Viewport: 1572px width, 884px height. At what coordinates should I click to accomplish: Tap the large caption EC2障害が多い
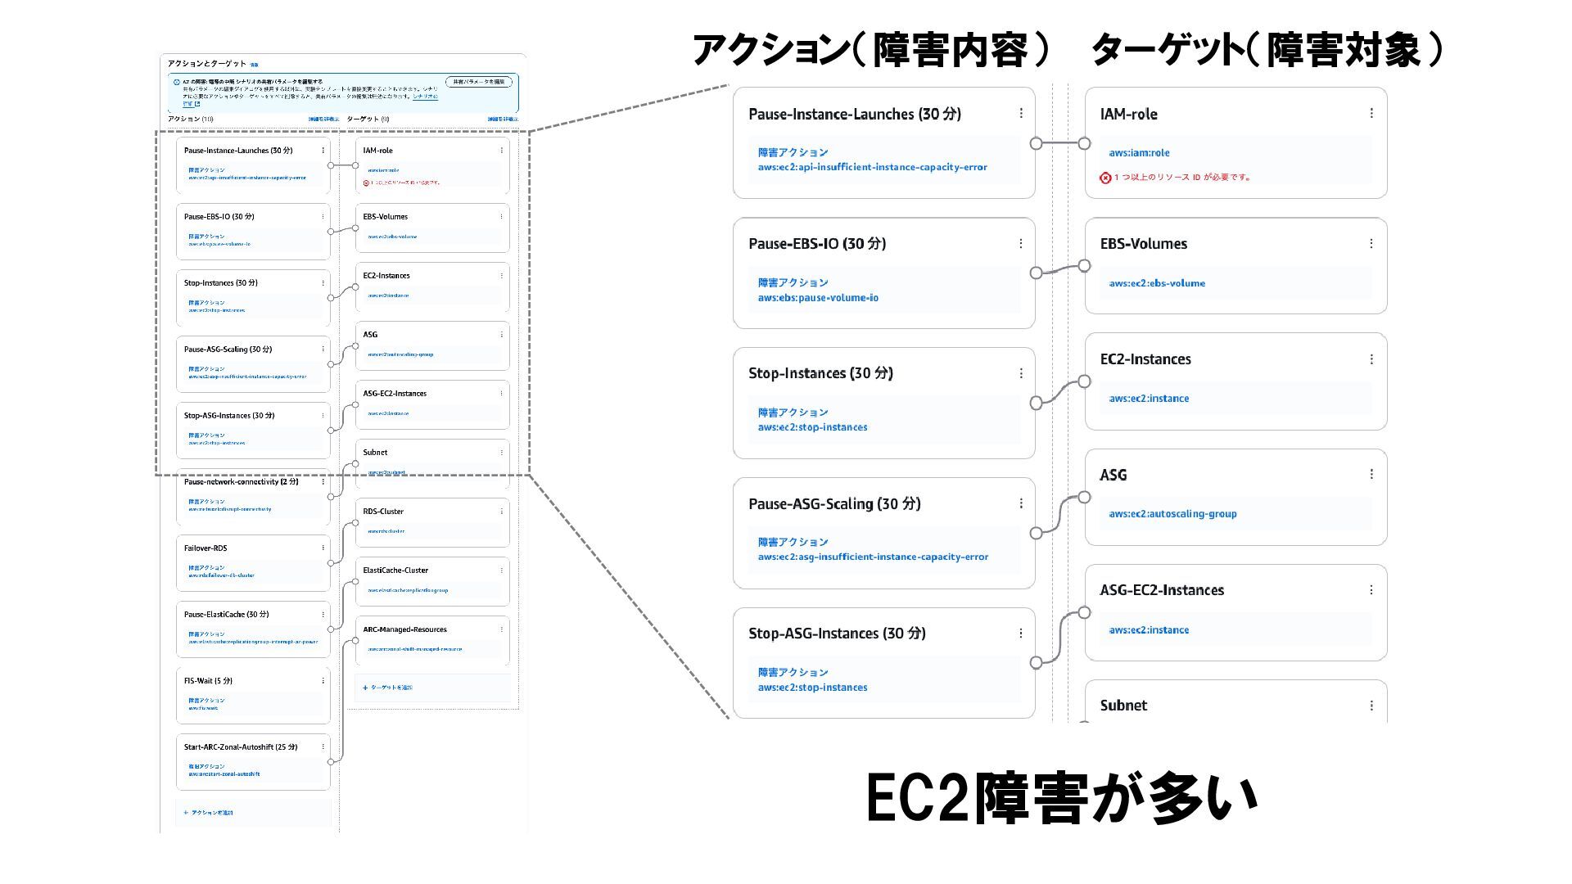[x=1061, y=798]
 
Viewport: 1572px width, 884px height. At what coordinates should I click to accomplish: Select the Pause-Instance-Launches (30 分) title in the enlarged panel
[x=854, y=115]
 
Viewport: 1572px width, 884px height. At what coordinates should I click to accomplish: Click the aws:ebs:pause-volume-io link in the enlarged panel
[x=817, y=298]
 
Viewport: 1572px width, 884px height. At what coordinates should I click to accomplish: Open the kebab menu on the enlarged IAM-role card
[x=1371, y=114]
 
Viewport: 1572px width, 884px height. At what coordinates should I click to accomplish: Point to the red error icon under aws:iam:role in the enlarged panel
[x=1105, y=178]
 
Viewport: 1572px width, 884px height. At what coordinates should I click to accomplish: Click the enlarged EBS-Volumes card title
[x=1143, y=244]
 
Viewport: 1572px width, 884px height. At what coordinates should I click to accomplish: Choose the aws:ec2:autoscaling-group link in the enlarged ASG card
[x=1172, y=514]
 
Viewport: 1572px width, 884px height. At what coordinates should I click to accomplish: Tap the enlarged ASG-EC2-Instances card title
[x=1162, y=590]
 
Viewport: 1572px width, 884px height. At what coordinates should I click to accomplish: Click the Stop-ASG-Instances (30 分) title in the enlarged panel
[x=837, y=634]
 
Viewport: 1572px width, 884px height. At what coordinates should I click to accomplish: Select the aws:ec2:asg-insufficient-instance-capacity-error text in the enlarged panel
[x=873, y=557]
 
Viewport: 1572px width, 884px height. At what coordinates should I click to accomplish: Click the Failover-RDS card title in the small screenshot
[x=206, y=548]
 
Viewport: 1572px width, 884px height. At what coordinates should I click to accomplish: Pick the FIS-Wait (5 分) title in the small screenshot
[x=208, y=681]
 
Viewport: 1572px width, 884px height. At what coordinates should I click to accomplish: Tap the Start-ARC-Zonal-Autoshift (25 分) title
[x=241, y=747]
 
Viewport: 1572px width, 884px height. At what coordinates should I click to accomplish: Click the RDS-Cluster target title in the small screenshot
[x=383, y=512]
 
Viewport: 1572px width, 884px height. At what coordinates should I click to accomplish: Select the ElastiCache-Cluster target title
[x=395, y=571]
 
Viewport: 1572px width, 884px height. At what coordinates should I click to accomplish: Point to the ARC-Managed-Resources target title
[x=404, y=629]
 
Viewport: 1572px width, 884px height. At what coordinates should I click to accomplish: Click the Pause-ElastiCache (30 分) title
[x=226, y=615]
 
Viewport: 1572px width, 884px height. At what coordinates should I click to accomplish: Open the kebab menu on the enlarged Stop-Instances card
[x=1021, y=373]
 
